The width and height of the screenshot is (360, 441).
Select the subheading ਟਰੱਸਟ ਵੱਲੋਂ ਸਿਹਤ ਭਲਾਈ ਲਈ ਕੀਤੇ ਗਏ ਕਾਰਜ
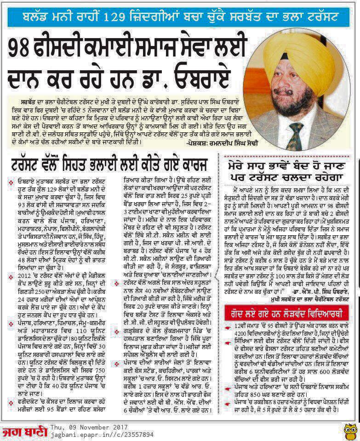click(110, 164)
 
